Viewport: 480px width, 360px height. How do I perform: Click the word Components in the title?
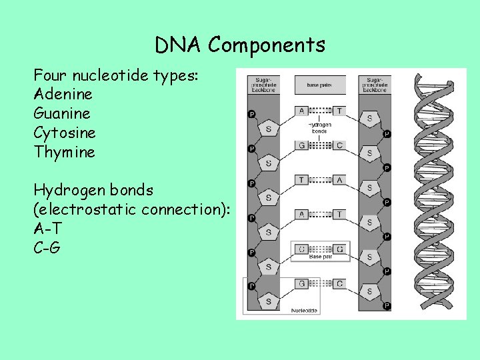click(x=266, y=45)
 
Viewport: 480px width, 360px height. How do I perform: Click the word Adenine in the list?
click(x=63, y=94)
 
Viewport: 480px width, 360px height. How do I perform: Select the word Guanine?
click(x=62, y=113)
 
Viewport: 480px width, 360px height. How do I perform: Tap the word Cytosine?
click(x=65, y=133)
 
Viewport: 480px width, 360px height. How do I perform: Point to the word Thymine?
click(x=64, y=152)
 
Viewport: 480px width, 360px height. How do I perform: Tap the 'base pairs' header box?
click(x=320, y=85)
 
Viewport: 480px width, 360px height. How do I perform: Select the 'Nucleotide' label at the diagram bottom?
click(x=305, y=311)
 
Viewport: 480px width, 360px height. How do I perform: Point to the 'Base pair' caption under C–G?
click(x=320, y=257)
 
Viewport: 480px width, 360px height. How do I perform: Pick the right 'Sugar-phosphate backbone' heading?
click(x=375, y=85)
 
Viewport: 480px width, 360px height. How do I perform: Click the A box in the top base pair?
click(x=302, y=111)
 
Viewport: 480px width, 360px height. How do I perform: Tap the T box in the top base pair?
click(x=339, y=111)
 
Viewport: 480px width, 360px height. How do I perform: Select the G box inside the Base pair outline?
click(x=339, y=249)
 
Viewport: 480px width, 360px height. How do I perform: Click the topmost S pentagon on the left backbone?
click(x=269, y=128)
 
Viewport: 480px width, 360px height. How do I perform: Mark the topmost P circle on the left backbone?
click(x=251, y=114)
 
